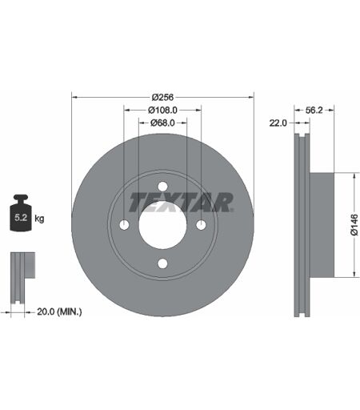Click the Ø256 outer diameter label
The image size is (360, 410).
tap(162, 97)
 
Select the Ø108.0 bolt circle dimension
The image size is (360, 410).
tap(162, 110)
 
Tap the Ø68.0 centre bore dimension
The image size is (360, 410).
tap(162, 123)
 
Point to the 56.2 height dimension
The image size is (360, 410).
tap(314, 110)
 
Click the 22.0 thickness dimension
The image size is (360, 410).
tap(278, 123)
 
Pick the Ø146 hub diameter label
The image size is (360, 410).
tap(354, 225)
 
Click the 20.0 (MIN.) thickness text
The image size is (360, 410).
tap(59, 312)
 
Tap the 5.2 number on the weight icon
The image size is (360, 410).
tap(21, 218)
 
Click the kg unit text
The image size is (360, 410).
tap(39, 219)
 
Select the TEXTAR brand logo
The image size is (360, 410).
tap(181, 203)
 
